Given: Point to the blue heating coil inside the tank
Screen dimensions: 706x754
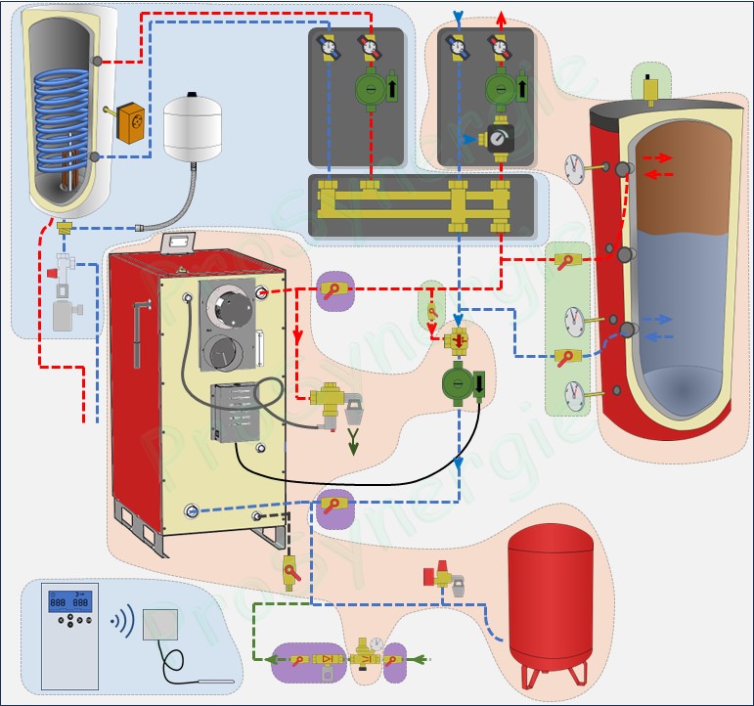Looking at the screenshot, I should (x=65, y=117).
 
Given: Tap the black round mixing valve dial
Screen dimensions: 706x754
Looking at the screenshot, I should (x=499, y=139).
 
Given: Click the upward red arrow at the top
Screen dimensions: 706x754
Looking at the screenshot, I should (x=501, y=17).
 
